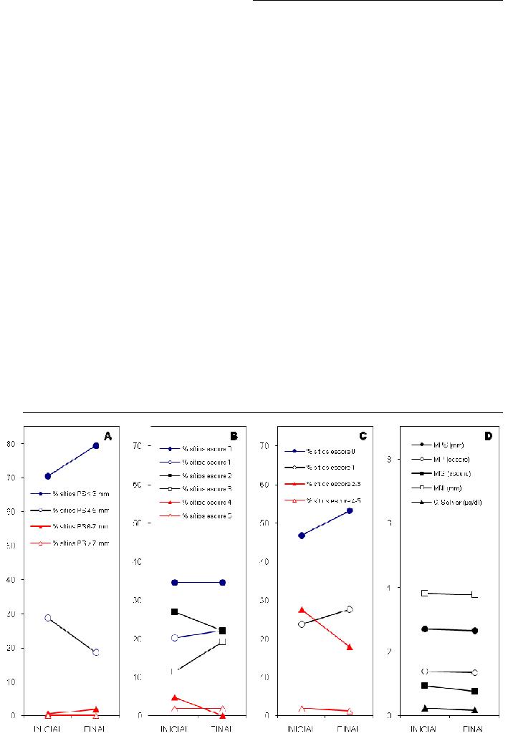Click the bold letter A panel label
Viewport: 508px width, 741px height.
pos(107,435)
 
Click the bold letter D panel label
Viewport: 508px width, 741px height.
pos(489,435)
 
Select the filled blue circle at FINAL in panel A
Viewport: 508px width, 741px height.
pos(96,445)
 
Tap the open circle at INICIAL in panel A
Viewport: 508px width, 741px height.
pos(48,617)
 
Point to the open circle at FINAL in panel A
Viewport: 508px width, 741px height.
pos(96,652)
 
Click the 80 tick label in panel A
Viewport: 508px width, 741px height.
pos(14,445)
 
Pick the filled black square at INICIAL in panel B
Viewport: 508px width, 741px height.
pos(175,611)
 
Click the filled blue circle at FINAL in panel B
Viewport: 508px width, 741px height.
pos(223,582)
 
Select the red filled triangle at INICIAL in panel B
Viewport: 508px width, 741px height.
pos(175,697)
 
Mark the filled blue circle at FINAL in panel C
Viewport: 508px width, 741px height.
pos(350,510)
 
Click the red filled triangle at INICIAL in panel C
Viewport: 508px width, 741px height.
pos(302,609)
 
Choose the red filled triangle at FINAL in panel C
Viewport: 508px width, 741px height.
pos(350,646)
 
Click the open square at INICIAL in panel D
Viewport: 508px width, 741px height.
pos(425,593)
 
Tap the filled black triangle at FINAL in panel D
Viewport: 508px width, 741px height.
pos(475,709)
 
